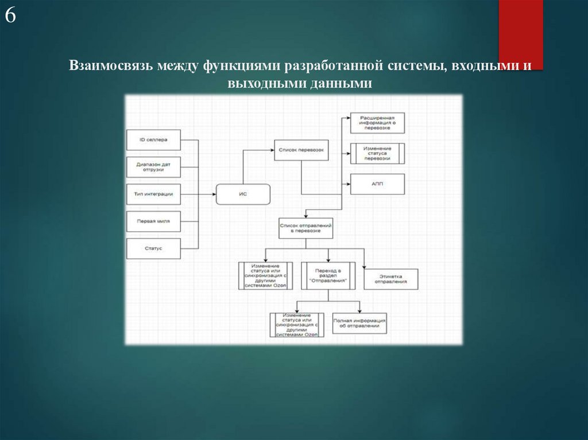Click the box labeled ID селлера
pos(153,139)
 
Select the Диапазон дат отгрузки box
pos(153,167)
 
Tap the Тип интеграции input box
pos(153,194)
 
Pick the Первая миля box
pos(153,221)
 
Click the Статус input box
pos(153,248)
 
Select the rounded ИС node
pos(243,194)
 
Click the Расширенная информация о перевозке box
pos(377,123)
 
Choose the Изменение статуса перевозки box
pos(377,154)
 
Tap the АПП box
pos(377,184)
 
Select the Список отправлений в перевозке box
pos(307,228)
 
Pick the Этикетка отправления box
pos(390,279)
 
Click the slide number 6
pos(10,16)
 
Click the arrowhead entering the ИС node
pos(213,194)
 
